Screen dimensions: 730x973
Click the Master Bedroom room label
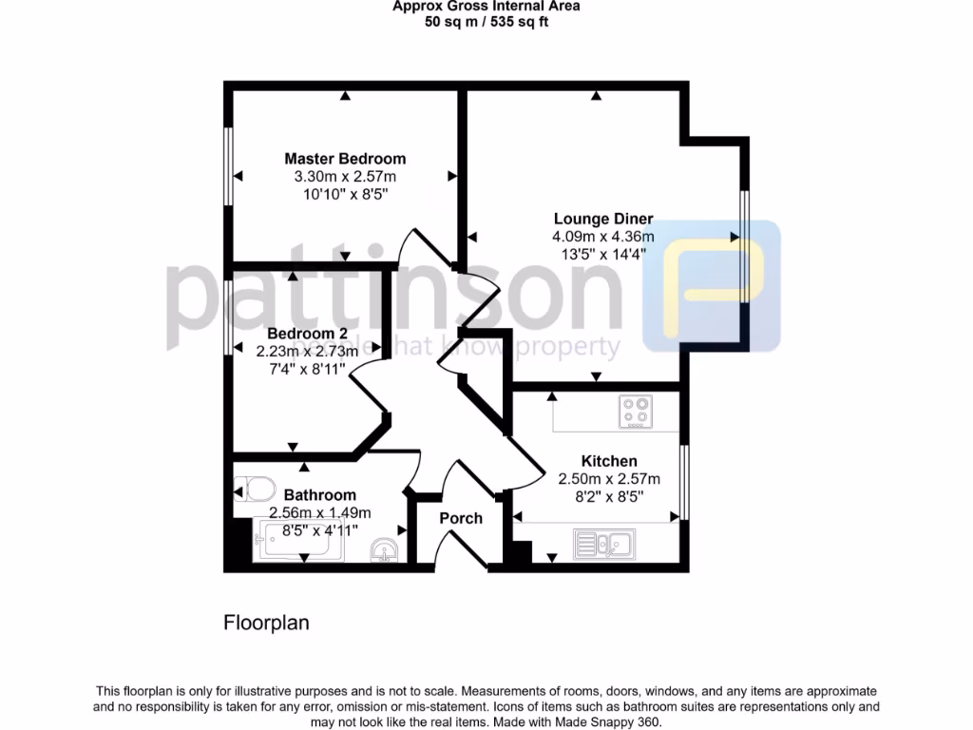345,159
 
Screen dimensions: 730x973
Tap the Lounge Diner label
603,219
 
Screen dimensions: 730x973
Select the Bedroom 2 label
307,334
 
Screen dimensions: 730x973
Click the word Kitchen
609,461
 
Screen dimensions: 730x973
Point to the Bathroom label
320,495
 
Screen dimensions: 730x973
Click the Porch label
461,518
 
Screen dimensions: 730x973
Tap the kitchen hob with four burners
636,412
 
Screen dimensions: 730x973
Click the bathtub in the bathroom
302,542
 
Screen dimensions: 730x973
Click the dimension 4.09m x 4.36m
602,237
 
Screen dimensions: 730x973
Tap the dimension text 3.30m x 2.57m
345,177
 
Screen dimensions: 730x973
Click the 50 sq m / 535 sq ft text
486,22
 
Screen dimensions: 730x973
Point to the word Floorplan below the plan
266,624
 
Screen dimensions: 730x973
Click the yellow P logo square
712,286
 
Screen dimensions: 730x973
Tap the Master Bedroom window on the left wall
228,163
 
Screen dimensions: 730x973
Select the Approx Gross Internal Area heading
486,6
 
